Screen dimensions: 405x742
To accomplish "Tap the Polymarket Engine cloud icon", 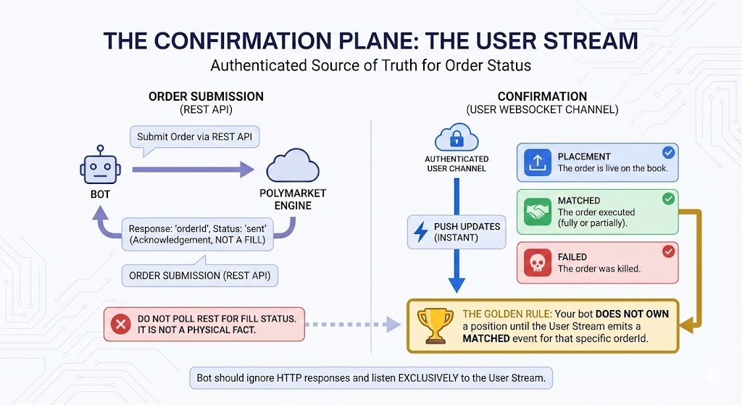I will pyautogui.click(x=293, y=165).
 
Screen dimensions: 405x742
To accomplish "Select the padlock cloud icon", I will pyautogui.click(x=456, y=138).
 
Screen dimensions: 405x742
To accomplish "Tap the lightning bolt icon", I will pyautogui.click(x=420, y=233).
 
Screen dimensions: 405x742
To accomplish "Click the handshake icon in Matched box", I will pyautogui.click(x=537, y=212).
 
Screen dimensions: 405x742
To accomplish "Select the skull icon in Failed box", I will pyautogui.click(x=537, y=262).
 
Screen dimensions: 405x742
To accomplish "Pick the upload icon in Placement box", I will pyautogui.click(x=537, y=162).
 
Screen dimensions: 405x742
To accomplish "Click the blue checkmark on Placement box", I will pyautogui.click(x=668, y=153).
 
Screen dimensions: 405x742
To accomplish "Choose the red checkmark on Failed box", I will pyautogui.click(x=668, y=251).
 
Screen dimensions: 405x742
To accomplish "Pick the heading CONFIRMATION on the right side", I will pyautogui.click(x=542, y=96).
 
